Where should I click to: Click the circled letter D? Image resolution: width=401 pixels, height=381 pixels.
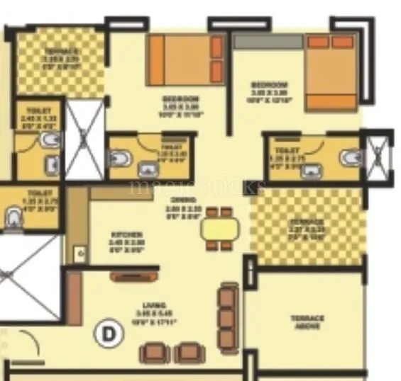tap(109, 333)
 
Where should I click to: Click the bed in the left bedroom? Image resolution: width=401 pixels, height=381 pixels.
tap(187, 61)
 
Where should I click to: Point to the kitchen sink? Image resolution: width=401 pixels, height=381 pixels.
tap(79, 253)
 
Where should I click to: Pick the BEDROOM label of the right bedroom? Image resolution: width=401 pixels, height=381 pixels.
tap(269, 89)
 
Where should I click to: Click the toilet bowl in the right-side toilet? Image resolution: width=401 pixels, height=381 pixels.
tap(349, 159)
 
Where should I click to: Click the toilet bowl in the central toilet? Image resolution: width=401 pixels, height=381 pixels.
tap(120, 157)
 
